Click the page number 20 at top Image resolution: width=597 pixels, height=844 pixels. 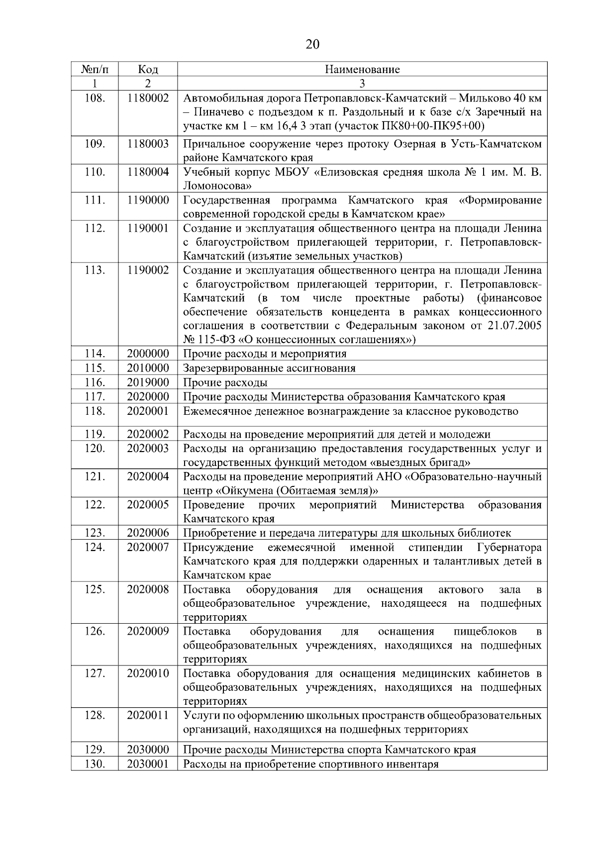(x=312, y=45)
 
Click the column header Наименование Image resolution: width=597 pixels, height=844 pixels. (x=362, y=69)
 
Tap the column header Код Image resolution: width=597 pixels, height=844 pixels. (x=148, y=69)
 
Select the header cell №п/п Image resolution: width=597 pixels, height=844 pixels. (x=95, y=69)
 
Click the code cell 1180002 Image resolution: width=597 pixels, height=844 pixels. (x=148, y=98)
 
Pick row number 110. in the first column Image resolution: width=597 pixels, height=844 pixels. (x=95, y=172)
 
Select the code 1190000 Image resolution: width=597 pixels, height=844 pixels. (x=148, y=200)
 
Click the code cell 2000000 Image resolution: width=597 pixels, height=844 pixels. (x=148, y=354)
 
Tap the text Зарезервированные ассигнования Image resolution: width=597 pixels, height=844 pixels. (x=269, y=368)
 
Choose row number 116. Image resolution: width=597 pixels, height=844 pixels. (x=95, y=382)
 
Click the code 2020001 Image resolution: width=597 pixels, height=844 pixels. (x=148, y=411)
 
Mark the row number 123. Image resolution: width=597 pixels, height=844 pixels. (x=95, y=533)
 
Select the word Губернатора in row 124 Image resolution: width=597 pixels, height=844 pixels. (x=509, y=548)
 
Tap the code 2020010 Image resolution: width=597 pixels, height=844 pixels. (x=148, y=673)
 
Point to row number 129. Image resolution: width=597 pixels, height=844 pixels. (x=95, y=750)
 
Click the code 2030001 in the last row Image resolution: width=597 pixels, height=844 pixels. (x=148, y=764)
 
